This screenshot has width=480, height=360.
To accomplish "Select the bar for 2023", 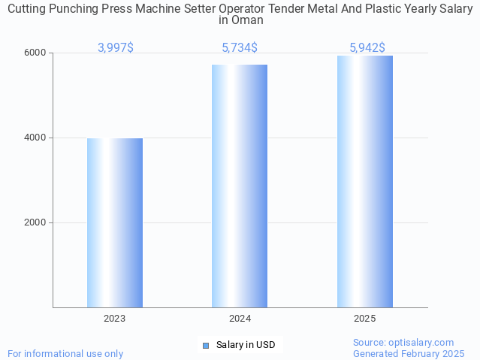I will tap(115, 222).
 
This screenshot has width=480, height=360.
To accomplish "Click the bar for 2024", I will tap(240, 186).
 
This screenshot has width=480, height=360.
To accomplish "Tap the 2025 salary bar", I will tap(365, 181).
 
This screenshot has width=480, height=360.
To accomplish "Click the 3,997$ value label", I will tap(116, 47).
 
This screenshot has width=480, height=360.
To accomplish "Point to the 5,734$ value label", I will tap(240, 47).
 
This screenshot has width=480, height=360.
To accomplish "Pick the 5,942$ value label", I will tap(367, 47).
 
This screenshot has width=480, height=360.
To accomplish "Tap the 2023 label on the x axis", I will tap(115, 319).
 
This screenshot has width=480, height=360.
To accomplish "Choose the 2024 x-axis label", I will tap(240, 319).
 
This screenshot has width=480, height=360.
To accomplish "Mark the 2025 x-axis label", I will tap(365, 319).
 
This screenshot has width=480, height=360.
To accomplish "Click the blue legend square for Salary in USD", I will tap(206, 345).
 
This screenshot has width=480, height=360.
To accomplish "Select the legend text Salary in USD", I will tap(246, 345).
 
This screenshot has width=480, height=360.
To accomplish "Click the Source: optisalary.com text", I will tap(403, 342).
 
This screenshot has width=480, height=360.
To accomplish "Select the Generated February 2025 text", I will tap(409, 353).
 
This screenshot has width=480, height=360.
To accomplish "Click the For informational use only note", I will tap(65, 353).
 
